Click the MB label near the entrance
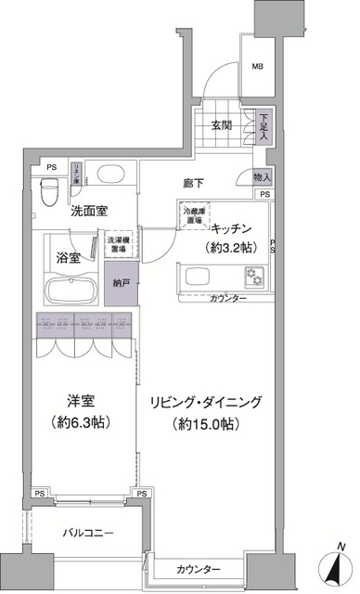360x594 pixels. (x=259, y=66)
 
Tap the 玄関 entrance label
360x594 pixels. (x=220, y=125)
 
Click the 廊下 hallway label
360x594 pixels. (x=193, y=185)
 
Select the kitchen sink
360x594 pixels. (x=201, y=277)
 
